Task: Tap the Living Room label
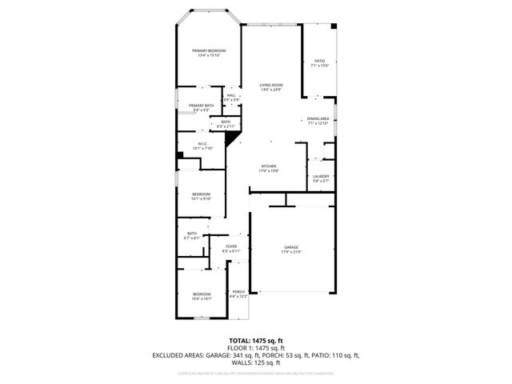tap(270, 86)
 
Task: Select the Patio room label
tap(319, 61)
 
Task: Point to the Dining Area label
tap(318, 118)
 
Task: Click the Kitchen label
tap(268, 166)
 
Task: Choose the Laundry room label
tap(321, 176)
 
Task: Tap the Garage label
tap(291, 247)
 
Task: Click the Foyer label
tap(230, 246)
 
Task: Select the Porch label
tap(238, 293)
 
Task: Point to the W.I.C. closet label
tap(203, 144)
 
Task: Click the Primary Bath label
tap(202, 106)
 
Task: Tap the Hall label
tap(231, 95)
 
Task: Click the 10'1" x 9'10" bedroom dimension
tap(201, 199)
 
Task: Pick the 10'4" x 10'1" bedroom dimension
tap(202, 298)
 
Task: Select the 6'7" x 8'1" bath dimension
tap(192, 238)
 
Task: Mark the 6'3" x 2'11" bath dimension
tap(226, 126)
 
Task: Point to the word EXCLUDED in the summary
tap(170, 354)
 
